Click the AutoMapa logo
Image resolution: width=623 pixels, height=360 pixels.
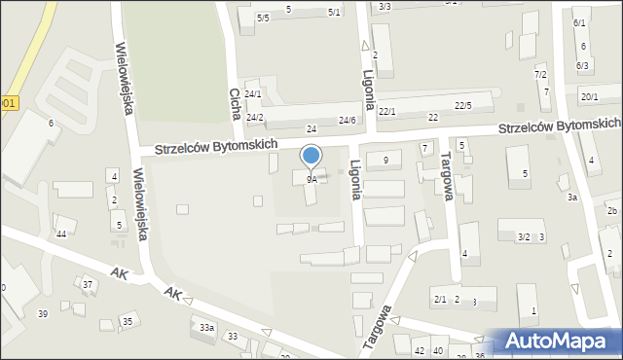[x=558, y=340]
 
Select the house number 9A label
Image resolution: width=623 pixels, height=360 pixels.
[x=311, y=180]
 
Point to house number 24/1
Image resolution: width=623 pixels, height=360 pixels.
[x=253, y=94]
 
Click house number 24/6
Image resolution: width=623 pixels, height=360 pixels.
[x=347, y=120]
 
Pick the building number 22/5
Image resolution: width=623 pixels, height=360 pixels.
[x=463, y=105]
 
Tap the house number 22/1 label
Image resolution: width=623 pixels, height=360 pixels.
[x=387, y=112]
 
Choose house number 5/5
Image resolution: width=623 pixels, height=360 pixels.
[x=263, y=18]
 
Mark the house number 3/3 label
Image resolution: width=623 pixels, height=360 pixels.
[x=385, y=7]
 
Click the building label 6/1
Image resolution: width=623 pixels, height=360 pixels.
[x=580, y=22]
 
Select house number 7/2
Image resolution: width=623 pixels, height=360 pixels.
[x=540, y=75]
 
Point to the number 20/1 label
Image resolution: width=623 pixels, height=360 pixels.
[x=589, y=96]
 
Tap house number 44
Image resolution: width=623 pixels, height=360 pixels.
[x=60, y=234]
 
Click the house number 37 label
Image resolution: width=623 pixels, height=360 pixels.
[x=88, y=284]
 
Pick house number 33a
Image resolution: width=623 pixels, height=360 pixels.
[x=206, y=328]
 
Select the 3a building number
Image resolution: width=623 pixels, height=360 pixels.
[x=573, y=198]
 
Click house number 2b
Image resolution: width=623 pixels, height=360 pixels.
[x=612, y=211]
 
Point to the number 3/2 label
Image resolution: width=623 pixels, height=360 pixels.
[x=524, y=236]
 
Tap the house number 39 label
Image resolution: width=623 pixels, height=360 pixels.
[x=42, y=313]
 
